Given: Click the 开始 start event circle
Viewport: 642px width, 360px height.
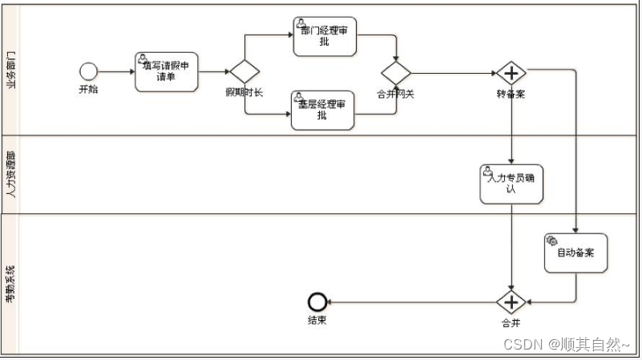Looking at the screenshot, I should (x=88, y=71).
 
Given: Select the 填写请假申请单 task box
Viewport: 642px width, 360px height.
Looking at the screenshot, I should (x=166, y=72).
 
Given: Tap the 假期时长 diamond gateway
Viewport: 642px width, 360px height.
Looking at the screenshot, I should (x=244, y=72).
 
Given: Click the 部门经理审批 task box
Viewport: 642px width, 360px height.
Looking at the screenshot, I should (x=325, y=36).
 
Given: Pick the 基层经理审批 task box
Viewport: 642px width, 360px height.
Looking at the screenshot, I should (x=322, y=110).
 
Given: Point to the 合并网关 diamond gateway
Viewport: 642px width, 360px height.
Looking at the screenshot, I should (x=396, y=72).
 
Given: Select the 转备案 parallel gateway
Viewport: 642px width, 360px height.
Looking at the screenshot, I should (x=511, y=73).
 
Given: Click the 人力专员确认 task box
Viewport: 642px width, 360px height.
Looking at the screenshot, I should (x=511, y=184).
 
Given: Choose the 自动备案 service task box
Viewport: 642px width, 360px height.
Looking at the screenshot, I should (x=575, y=253).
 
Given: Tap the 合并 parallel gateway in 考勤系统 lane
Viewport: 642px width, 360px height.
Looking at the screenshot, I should (x=511, y=302).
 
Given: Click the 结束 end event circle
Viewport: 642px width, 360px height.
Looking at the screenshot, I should (x=317, y=302).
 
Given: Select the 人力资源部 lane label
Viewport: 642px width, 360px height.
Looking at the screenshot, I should (x=10, y=174).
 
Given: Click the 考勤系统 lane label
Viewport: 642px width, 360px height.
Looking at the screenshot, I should (x=10, y=283).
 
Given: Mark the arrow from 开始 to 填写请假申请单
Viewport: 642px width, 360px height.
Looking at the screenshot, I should (x=116, y=72).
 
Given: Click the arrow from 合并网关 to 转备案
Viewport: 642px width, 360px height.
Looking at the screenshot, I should (x=453, y=73).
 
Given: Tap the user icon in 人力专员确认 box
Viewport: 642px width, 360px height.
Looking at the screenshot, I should (x=487, y=171).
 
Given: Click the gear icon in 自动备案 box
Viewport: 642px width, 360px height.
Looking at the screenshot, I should (x=551, y=240).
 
